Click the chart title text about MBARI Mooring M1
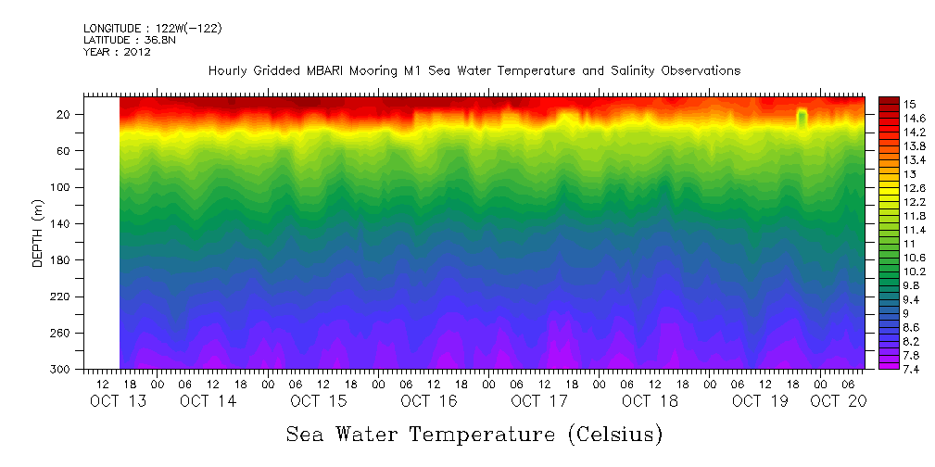point(474,71)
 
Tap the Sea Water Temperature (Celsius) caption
point(474,434)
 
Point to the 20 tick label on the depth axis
point(65,115)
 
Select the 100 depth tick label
point(62,187)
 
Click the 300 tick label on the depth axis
point(62,370)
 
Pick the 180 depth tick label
point(62,260)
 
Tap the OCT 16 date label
point(429,401)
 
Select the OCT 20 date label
point(838,401)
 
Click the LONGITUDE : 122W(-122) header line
point(152,28)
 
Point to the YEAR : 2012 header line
point(117,52)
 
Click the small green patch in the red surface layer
point(802,118)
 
